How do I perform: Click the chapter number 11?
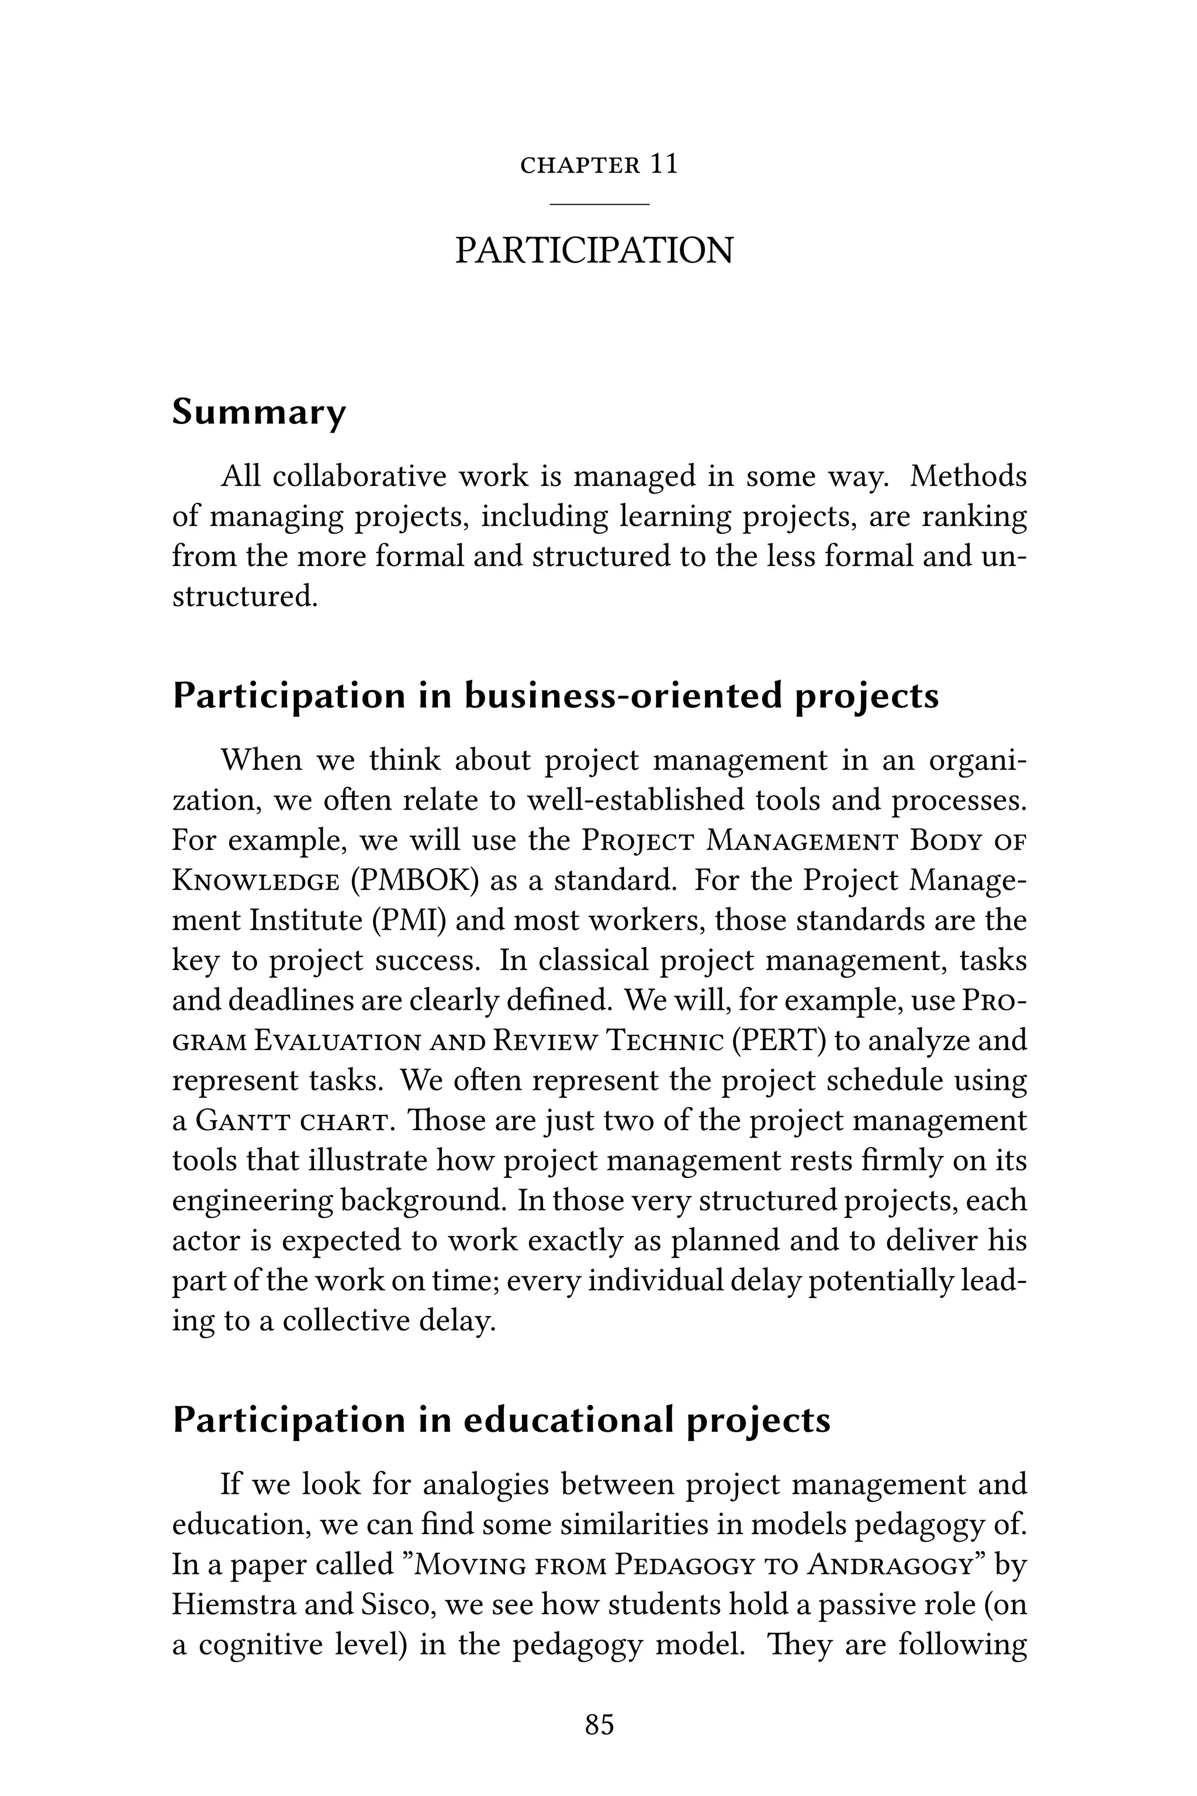(x=663, y=165)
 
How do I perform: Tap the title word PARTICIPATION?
(x=594, y=250)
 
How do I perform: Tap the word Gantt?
(x=243, y=1121)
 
